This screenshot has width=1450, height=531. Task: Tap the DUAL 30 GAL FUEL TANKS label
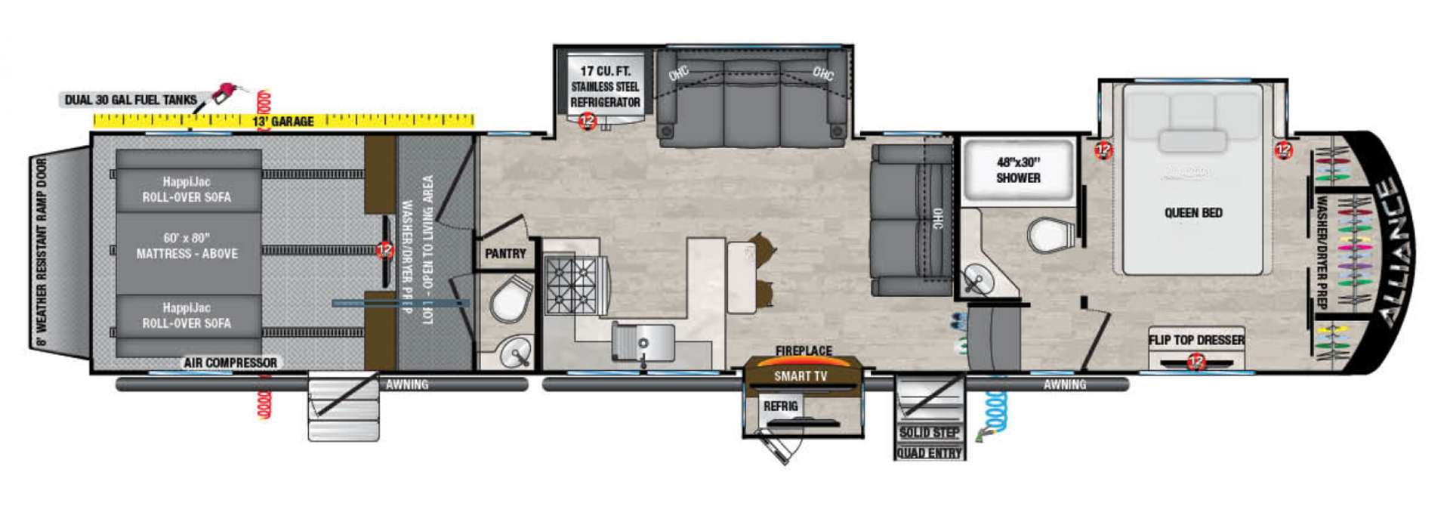[x=131, y=100]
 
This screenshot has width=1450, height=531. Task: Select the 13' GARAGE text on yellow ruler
[x=282, y=121]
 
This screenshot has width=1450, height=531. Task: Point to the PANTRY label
[x=505, y=254]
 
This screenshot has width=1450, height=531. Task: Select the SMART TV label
[x=800, y=376]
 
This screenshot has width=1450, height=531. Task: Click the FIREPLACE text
[x=804, y=350]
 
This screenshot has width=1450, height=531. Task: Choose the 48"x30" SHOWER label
[x=1018, y=170]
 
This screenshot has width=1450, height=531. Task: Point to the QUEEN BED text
[x=1193, y=213]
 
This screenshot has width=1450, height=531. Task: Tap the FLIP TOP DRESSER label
[x=1196, y=340]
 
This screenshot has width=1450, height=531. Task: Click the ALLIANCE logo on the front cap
[x=1394, y=252]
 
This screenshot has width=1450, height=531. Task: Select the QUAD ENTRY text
[x=929, y=452]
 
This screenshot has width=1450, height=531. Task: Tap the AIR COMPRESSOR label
[x=230, y=363]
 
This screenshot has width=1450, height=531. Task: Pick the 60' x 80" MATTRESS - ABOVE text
[x=187, y=246]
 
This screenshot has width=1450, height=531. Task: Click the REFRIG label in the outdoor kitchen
[x=780, y=406]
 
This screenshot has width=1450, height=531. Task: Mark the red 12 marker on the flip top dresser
[x=1195, y=363]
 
